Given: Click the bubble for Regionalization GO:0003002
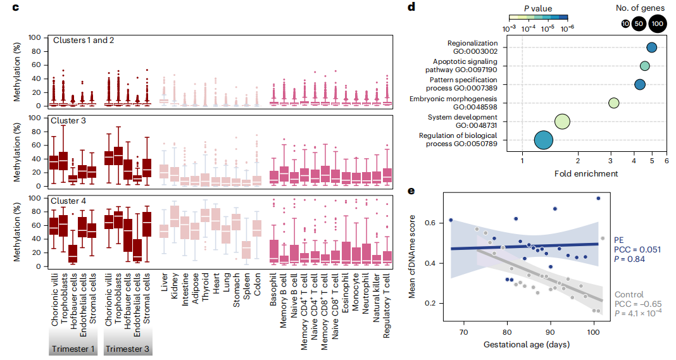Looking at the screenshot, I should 651,47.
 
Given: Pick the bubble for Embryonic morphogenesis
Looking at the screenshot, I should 613,103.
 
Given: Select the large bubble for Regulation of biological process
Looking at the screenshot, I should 544,140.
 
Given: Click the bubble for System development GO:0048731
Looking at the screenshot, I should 563,121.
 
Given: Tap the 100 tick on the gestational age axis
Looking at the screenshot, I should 593,332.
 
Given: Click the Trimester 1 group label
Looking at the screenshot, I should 73,349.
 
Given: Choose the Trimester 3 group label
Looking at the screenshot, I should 127,349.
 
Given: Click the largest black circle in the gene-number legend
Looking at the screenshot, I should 658,23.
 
